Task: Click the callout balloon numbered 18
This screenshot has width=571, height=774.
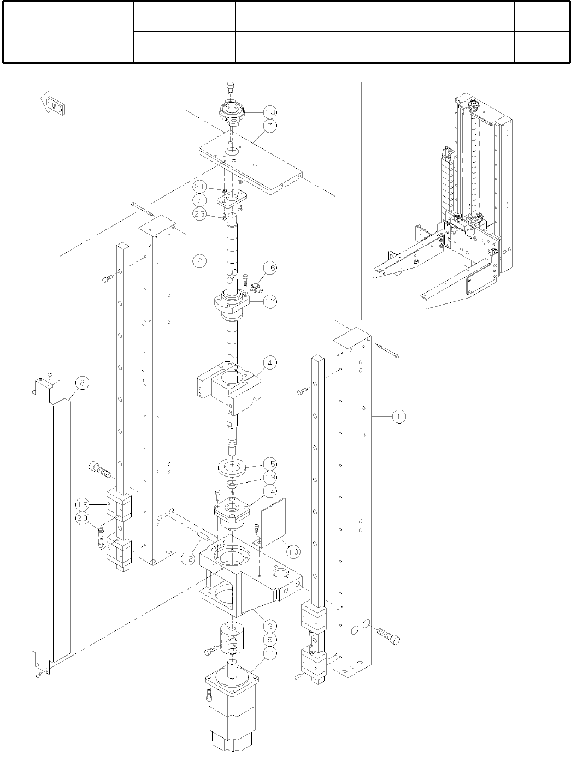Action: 269,112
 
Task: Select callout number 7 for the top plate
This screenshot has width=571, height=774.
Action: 269,126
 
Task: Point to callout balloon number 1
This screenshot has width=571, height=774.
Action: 398,417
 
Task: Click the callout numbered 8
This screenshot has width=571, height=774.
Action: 81,384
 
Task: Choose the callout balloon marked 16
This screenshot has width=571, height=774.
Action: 269,268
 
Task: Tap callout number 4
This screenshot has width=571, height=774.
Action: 269,362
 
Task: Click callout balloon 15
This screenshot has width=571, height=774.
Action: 269,464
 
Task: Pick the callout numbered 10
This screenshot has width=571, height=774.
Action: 293,551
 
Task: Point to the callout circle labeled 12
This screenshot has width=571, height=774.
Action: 188,558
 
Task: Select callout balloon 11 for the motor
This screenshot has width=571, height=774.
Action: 269,653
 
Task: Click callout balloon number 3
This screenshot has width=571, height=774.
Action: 269,626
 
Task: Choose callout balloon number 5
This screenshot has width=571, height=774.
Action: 269,639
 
